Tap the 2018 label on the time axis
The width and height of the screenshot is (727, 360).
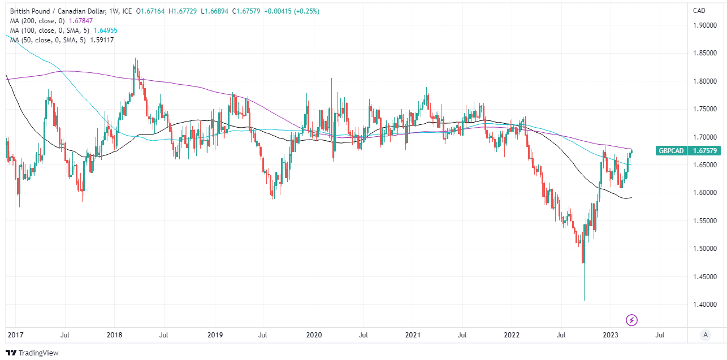point(114,335)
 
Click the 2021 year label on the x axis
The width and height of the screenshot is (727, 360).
point(413,335)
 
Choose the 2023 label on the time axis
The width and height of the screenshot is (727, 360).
point(611,335)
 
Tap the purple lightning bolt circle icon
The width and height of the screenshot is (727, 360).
point(632,320)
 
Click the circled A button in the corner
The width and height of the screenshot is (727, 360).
point(705,335)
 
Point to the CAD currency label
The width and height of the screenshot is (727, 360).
point(699,10)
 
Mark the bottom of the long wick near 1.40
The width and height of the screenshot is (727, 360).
point(583,300)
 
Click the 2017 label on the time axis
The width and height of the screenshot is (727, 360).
point(15,335)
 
